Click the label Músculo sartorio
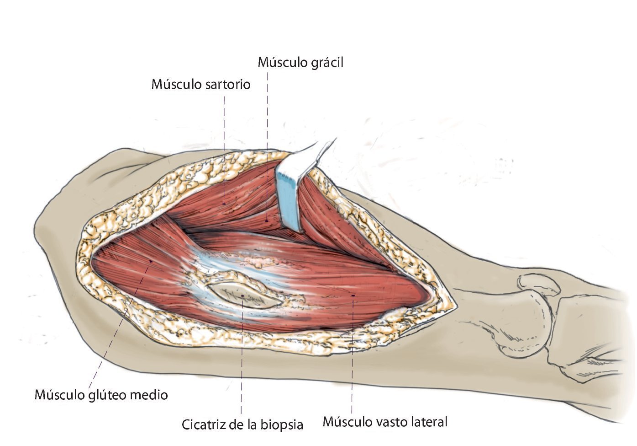click(x=201, y=84)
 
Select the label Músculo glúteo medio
click(x=101, y=394)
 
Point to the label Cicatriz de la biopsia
click(x=242, y=425)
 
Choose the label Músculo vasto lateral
click(x=385, y=421)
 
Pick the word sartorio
click(x=226, y=84)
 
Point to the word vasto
click(x=389, y=421)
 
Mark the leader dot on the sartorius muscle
click(x=224, y=203)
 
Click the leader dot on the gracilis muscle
click(x=267, y=221)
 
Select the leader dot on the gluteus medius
click(x=151, y=261)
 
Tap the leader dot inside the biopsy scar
click(x=242, y=296)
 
